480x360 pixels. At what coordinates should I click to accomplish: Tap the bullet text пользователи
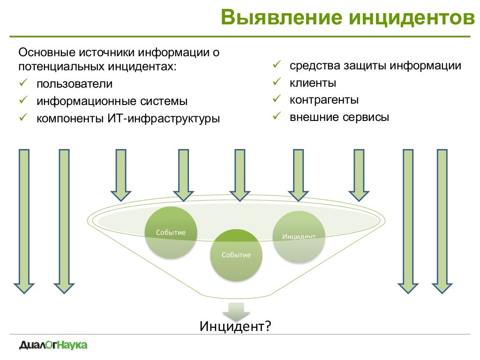click(75, 84)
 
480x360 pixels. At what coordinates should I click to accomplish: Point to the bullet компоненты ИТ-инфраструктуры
click(128, 118)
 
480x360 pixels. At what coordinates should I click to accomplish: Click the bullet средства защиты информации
click(375, 66)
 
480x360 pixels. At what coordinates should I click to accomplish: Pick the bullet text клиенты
click(313, 83)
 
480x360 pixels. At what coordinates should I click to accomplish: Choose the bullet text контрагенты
click(324, 100)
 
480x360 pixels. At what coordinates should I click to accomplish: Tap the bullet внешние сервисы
click(339, 117)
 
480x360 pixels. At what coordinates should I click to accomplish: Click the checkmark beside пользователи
click(23, 83)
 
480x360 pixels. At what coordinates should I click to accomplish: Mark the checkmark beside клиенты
click(277, 82)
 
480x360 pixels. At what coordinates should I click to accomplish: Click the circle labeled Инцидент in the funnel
click(299, 236)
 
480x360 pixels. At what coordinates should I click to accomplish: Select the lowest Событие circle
click(236, 255)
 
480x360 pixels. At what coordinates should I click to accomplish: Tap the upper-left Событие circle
click(171, 232)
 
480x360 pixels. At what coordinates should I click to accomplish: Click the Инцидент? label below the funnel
click(236, 326)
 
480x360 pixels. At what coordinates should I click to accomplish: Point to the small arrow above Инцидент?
click(236, 311)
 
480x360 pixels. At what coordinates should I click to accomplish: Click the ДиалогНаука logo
click(53, 345)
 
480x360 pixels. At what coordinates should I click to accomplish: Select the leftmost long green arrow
click(23, 220)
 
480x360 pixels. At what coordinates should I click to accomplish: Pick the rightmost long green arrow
click(442, 220)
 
